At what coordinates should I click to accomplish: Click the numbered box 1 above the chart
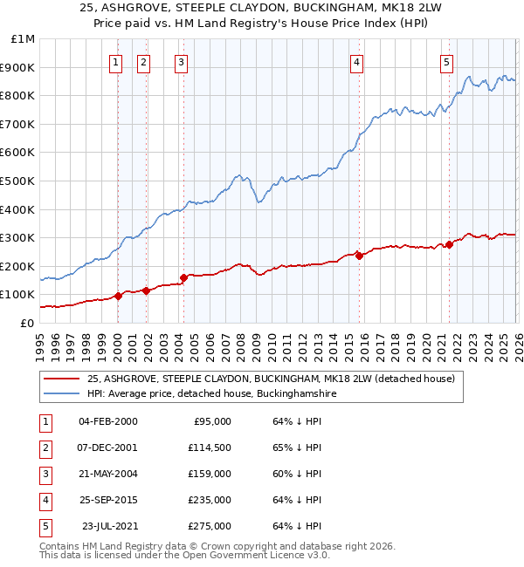pos(117,62)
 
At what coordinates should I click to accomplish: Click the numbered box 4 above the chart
pos(358,62)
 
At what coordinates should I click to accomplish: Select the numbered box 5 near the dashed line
pos(446,62)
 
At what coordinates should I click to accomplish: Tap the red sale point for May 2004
pos(183,278)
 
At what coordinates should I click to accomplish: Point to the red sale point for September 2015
pos(359,256)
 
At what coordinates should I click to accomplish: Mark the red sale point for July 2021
pos(449,245)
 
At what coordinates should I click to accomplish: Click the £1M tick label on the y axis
pos(24,39)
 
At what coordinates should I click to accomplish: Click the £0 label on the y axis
pos(26,323)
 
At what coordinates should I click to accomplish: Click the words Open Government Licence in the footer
pos(255,555)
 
